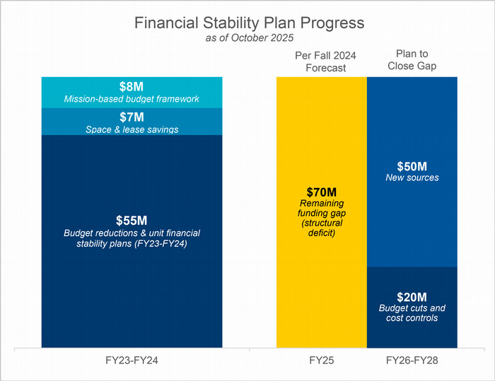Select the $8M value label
click(132, 86)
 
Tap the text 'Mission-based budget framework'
click(132, 98)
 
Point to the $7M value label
click(132, 117)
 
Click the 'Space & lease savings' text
click(132, 129)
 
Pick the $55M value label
click(132, 220)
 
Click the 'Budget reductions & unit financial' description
click(132, 233)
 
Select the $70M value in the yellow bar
click(321, 192)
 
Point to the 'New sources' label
click(412, 177)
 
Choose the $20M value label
click(412, 295)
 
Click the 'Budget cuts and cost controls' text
click(412, 313)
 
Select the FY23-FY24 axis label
click(132, 361)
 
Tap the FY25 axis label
click(321, 361)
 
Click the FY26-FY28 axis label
click(412, 361)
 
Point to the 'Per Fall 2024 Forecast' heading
click(321, 61)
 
